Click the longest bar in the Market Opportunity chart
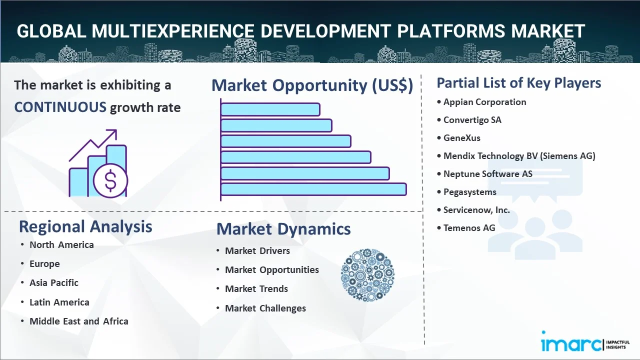313,189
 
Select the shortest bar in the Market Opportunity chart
270,109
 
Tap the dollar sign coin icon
110,180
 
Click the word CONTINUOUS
60,107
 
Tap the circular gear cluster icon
367,275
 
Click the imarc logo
585,341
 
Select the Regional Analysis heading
85,226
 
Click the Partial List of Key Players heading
519,83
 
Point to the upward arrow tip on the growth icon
116,130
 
